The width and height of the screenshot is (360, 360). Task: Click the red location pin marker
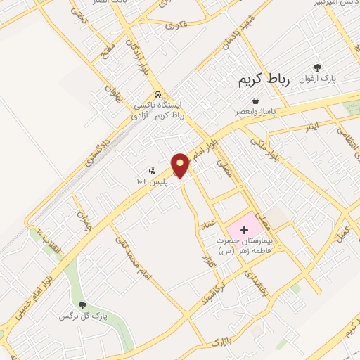(181, 165)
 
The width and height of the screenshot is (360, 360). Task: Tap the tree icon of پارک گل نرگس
(84, 305)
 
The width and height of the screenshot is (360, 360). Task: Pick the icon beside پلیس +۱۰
(151, 171)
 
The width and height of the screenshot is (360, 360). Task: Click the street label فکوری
(178, 25)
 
